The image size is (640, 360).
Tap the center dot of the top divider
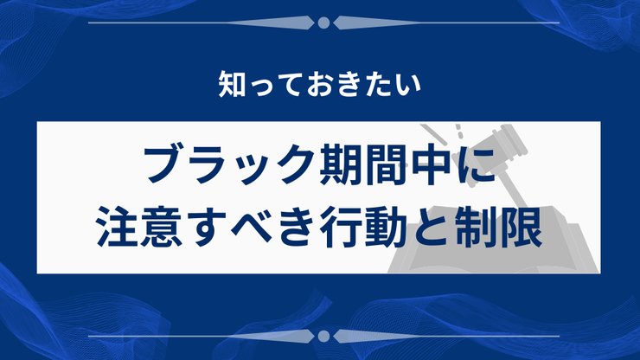point(323,22)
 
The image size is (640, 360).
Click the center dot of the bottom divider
point(323,335)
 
